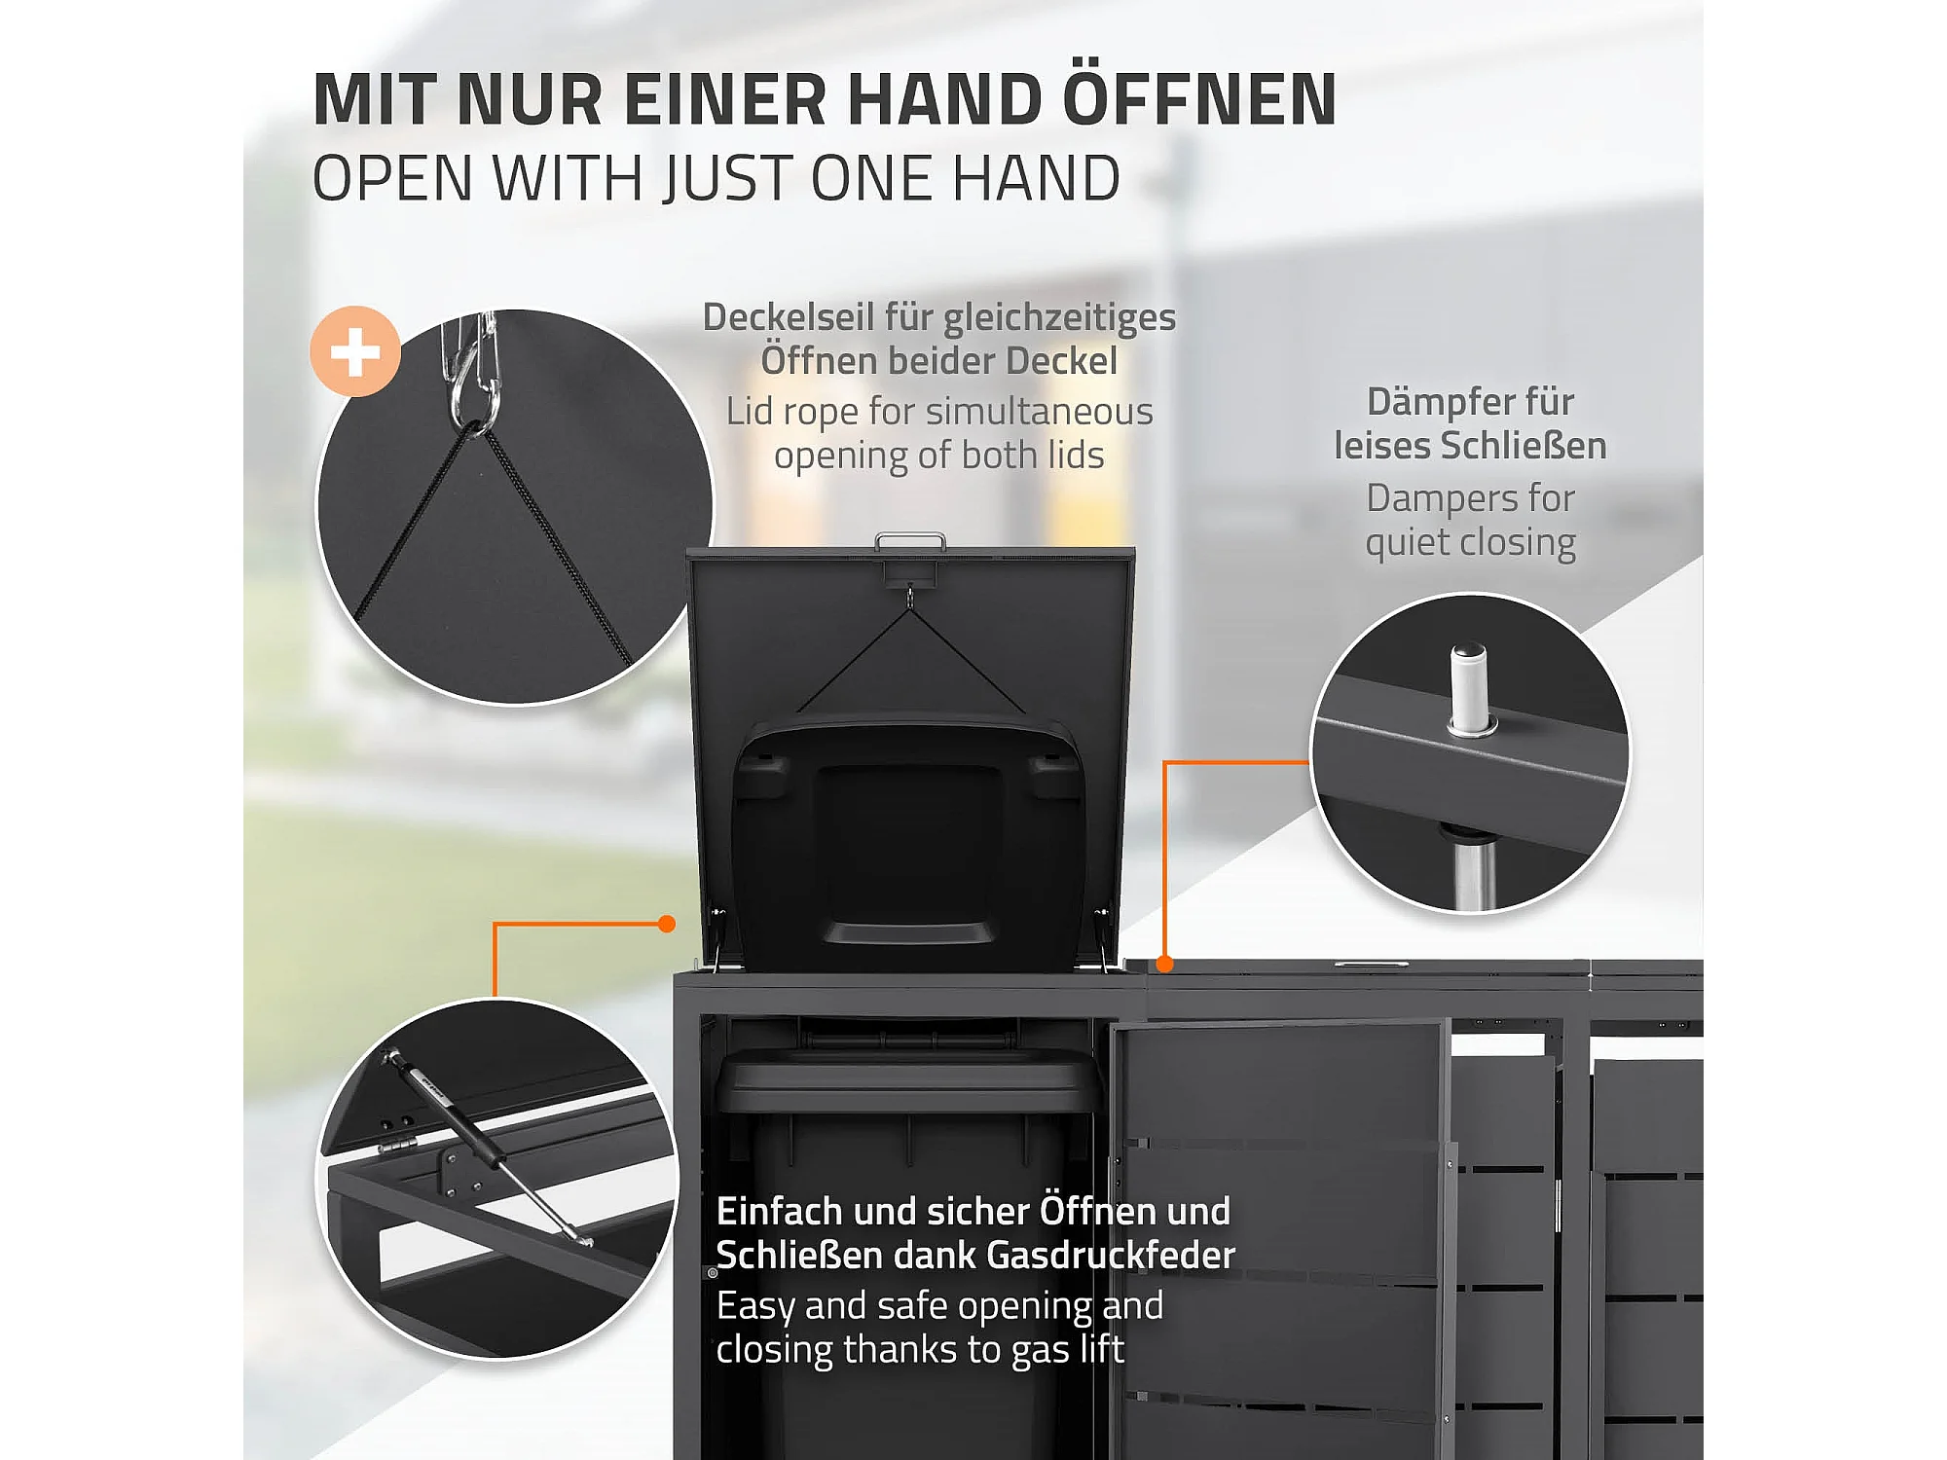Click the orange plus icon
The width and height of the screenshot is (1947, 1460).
[x=355, y=351]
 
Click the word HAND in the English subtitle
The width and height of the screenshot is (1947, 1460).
[x=1036, y=178]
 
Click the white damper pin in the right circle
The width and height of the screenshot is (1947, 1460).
[x=1470, y=688]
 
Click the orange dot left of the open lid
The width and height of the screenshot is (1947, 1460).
[x=667, y=924]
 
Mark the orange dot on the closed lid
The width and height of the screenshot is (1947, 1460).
[x=1164, y=964]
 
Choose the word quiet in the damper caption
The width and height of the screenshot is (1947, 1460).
[x=1408, y=543]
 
